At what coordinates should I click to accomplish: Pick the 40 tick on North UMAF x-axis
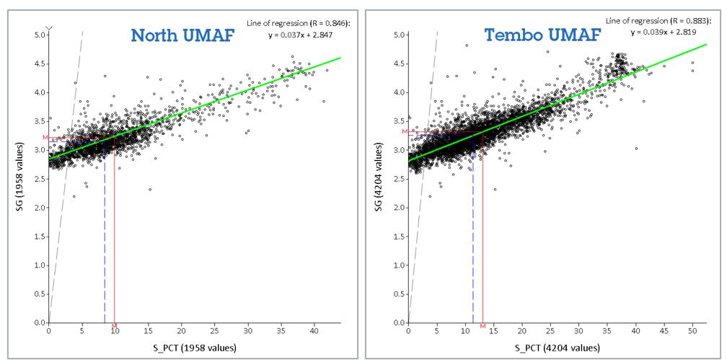point(314,331)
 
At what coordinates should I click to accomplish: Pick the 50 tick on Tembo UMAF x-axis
point(692,331)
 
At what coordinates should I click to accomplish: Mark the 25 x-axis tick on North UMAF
point(214,331)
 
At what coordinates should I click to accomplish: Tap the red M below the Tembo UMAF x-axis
point(483,327)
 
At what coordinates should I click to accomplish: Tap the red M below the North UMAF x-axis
point(114,327)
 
